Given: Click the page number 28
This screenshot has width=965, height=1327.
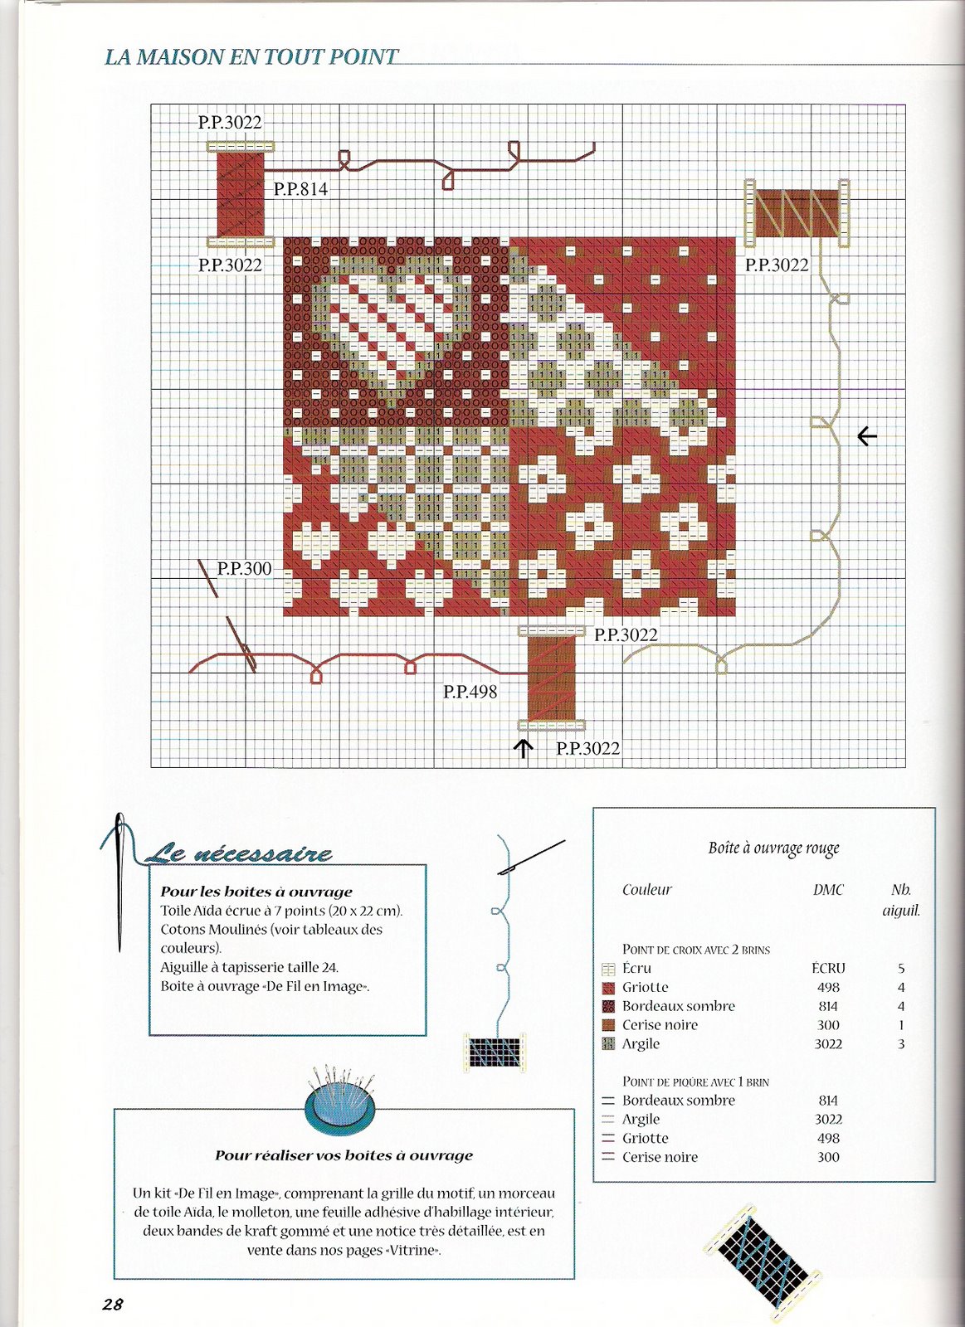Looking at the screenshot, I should pos(113,1304).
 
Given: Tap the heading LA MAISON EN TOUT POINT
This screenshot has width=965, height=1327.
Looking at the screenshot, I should pos(251,57).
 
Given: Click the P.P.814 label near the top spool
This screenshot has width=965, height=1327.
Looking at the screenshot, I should pos(300,189).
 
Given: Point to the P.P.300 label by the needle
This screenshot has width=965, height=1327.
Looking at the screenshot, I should pos(244,568).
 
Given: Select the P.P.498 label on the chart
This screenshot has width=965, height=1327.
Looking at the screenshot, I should pos(470,691).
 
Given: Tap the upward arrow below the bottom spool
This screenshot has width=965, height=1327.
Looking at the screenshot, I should pos(523,749).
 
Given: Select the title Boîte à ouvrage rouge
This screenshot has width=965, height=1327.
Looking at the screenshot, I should pos(773,848).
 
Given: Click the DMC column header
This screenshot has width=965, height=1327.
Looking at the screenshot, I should pos(828,890).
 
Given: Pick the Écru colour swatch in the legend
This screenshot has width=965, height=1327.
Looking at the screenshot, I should pos(608,969).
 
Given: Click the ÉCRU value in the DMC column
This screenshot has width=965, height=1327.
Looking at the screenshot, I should pos(828,968).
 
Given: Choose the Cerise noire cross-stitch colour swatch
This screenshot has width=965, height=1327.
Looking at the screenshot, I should pos(608,1025).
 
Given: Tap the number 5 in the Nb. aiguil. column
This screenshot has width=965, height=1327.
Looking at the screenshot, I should pos(901,968).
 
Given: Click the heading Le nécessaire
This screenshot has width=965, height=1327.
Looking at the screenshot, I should pos(239,853).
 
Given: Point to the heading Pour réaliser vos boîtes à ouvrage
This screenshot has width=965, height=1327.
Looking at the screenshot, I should pos(344,1155).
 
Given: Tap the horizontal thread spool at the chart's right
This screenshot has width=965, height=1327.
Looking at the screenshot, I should pos(797,213).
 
